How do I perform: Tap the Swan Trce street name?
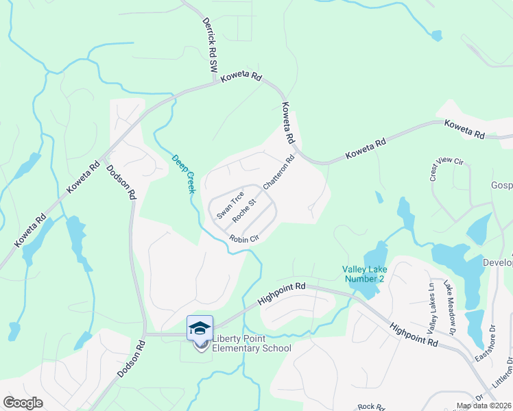(230, 205)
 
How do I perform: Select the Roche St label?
(244, 210)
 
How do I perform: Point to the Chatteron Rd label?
(278, 172)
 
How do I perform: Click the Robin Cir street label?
(243, 239)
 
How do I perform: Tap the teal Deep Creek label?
(184, 172)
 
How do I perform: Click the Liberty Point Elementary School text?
(252, 343)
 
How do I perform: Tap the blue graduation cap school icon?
(200, 328)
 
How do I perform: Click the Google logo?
(23, 403)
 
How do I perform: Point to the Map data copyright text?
(484, 406)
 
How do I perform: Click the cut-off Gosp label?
(501, 186)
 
